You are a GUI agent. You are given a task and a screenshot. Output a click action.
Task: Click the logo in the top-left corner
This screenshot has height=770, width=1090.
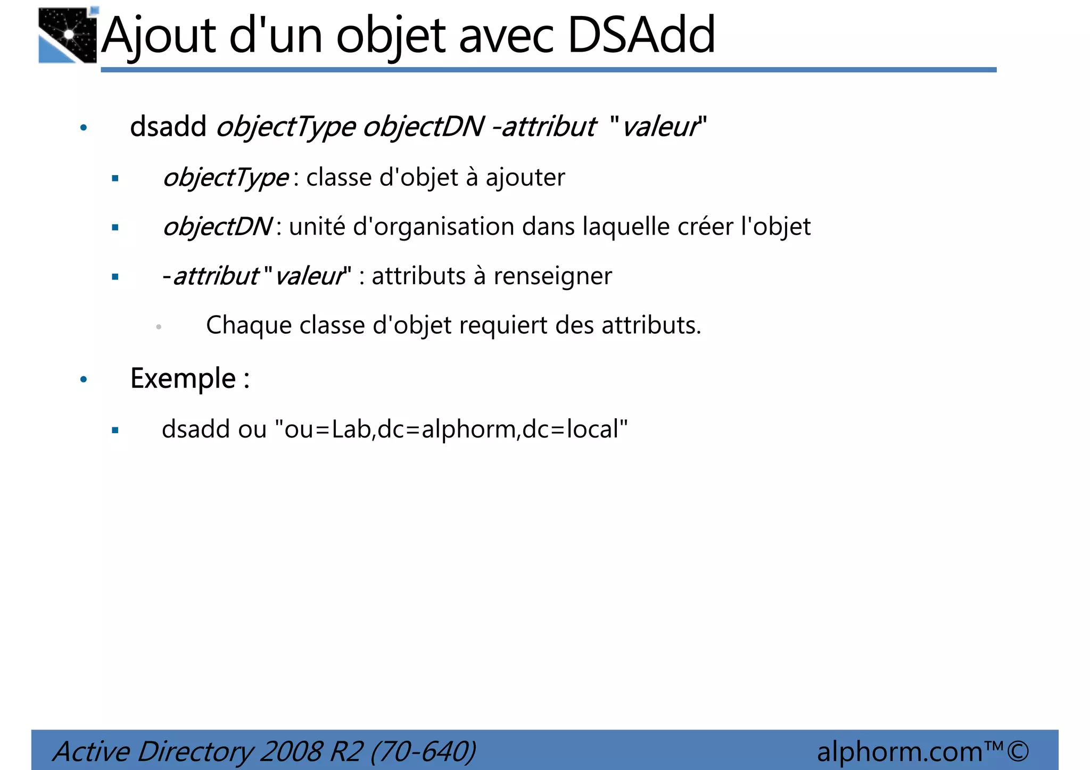click(68, 36)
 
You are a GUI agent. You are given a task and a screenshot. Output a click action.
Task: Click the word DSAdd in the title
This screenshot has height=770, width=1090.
click(641, 36)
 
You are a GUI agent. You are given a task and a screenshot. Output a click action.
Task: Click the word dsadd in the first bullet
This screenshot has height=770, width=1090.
click(168, 127)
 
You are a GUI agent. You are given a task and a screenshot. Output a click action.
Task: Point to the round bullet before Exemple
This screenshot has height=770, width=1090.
click(84, 379)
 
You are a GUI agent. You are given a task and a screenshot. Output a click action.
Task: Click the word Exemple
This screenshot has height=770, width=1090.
click(183, 378)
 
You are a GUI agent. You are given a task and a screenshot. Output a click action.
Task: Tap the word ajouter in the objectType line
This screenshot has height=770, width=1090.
click(525, 178)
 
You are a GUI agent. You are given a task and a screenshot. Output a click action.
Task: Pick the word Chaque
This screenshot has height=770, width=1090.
click(248, 326)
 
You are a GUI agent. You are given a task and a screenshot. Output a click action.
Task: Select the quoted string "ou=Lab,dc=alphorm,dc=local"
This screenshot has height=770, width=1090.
click(451, 429)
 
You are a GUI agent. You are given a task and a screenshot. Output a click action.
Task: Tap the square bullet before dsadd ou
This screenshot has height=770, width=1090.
click(115, 430)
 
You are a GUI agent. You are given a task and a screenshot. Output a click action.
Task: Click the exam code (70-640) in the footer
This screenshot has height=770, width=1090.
click(423, 751)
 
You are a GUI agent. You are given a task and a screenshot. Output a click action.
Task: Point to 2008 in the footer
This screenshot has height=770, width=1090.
click(291, 751)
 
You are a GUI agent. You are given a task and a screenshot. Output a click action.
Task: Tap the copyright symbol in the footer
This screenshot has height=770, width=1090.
click(1018, 751)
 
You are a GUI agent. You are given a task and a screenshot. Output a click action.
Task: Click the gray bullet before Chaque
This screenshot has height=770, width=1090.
click(159, 327)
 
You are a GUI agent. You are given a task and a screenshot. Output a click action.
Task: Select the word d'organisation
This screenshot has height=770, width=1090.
click(433, 227)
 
